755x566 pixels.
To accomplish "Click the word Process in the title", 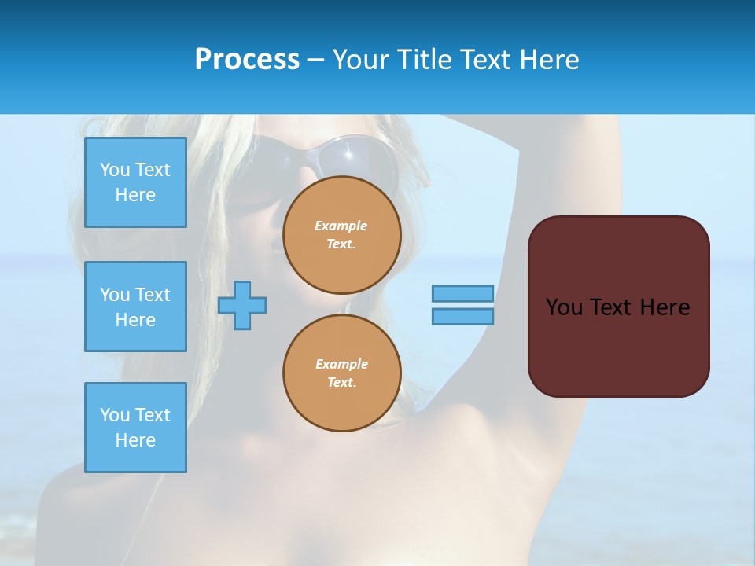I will tap(247, 60).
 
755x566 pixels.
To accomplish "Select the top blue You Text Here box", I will tap(135, 182).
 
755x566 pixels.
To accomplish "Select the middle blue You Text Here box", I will tap(135, 307).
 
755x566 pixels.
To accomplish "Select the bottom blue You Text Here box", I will tap(135, 428).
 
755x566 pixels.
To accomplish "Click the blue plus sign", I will tap(242, 305).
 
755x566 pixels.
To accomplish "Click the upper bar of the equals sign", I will tap(462, 293).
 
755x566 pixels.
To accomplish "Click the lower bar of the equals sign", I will tap(462, 316).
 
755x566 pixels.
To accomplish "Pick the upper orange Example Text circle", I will tap(342, 235).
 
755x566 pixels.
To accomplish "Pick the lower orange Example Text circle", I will tap(342, 373).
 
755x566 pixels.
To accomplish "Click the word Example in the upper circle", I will tap(341, 226).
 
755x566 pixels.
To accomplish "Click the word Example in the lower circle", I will tap(341, 365).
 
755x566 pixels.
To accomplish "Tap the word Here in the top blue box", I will tap(135, 195).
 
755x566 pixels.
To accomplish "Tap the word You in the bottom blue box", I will tap(114, 415).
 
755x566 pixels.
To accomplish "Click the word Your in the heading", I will tap(361, 60).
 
